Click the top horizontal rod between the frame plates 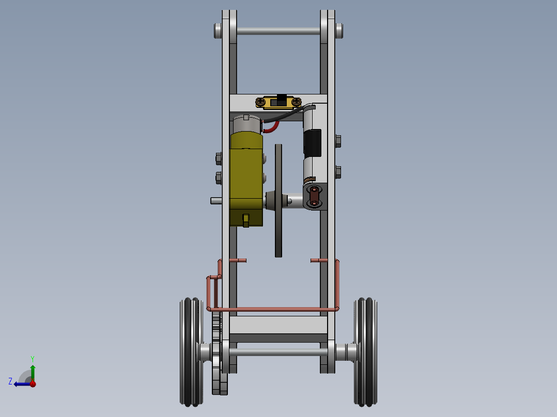tap(278, 31)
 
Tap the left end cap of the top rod tap(218, 30)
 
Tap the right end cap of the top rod tap(339, 30)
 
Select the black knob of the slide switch tap(281, 98)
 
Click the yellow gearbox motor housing tap(246, 175)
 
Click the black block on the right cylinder tap(312, 142)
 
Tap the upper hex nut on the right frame tap(338, 140)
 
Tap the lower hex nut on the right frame tap(338, 171)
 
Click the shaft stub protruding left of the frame tap(216, 200)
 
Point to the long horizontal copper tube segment tap(274, 309)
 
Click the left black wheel tap(190, 351)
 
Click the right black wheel tap(366, 351)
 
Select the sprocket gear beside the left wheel tap(217, 356)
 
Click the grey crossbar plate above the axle tap(278, 325)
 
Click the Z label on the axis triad tap(10, 381)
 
